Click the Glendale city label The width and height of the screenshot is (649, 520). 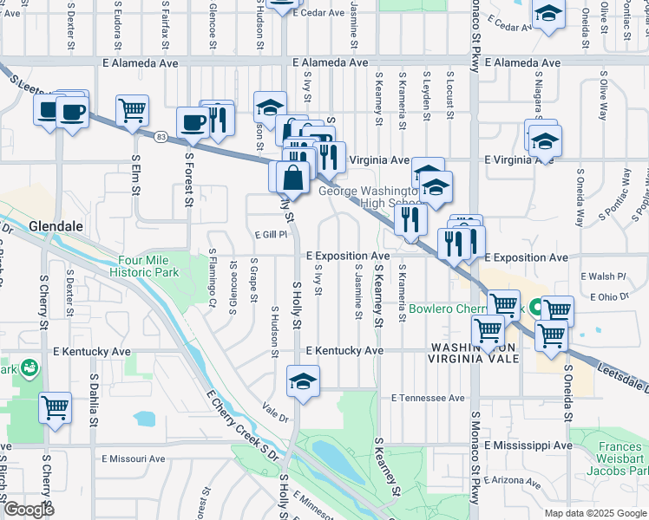click(x=56, y=226)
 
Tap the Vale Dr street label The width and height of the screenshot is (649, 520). click(x=275, y=417)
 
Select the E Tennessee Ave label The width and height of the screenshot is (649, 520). click(x=429, y=398)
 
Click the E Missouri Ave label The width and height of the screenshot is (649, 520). click(x=134, y=458)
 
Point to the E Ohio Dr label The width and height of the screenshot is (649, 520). click(x=608, y=297)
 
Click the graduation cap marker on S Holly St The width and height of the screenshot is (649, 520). click(x=303, y=381)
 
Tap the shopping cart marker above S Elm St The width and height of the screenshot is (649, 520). click(x=132, y=110)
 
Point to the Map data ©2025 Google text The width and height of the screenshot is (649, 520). click(x=594, y=513)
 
